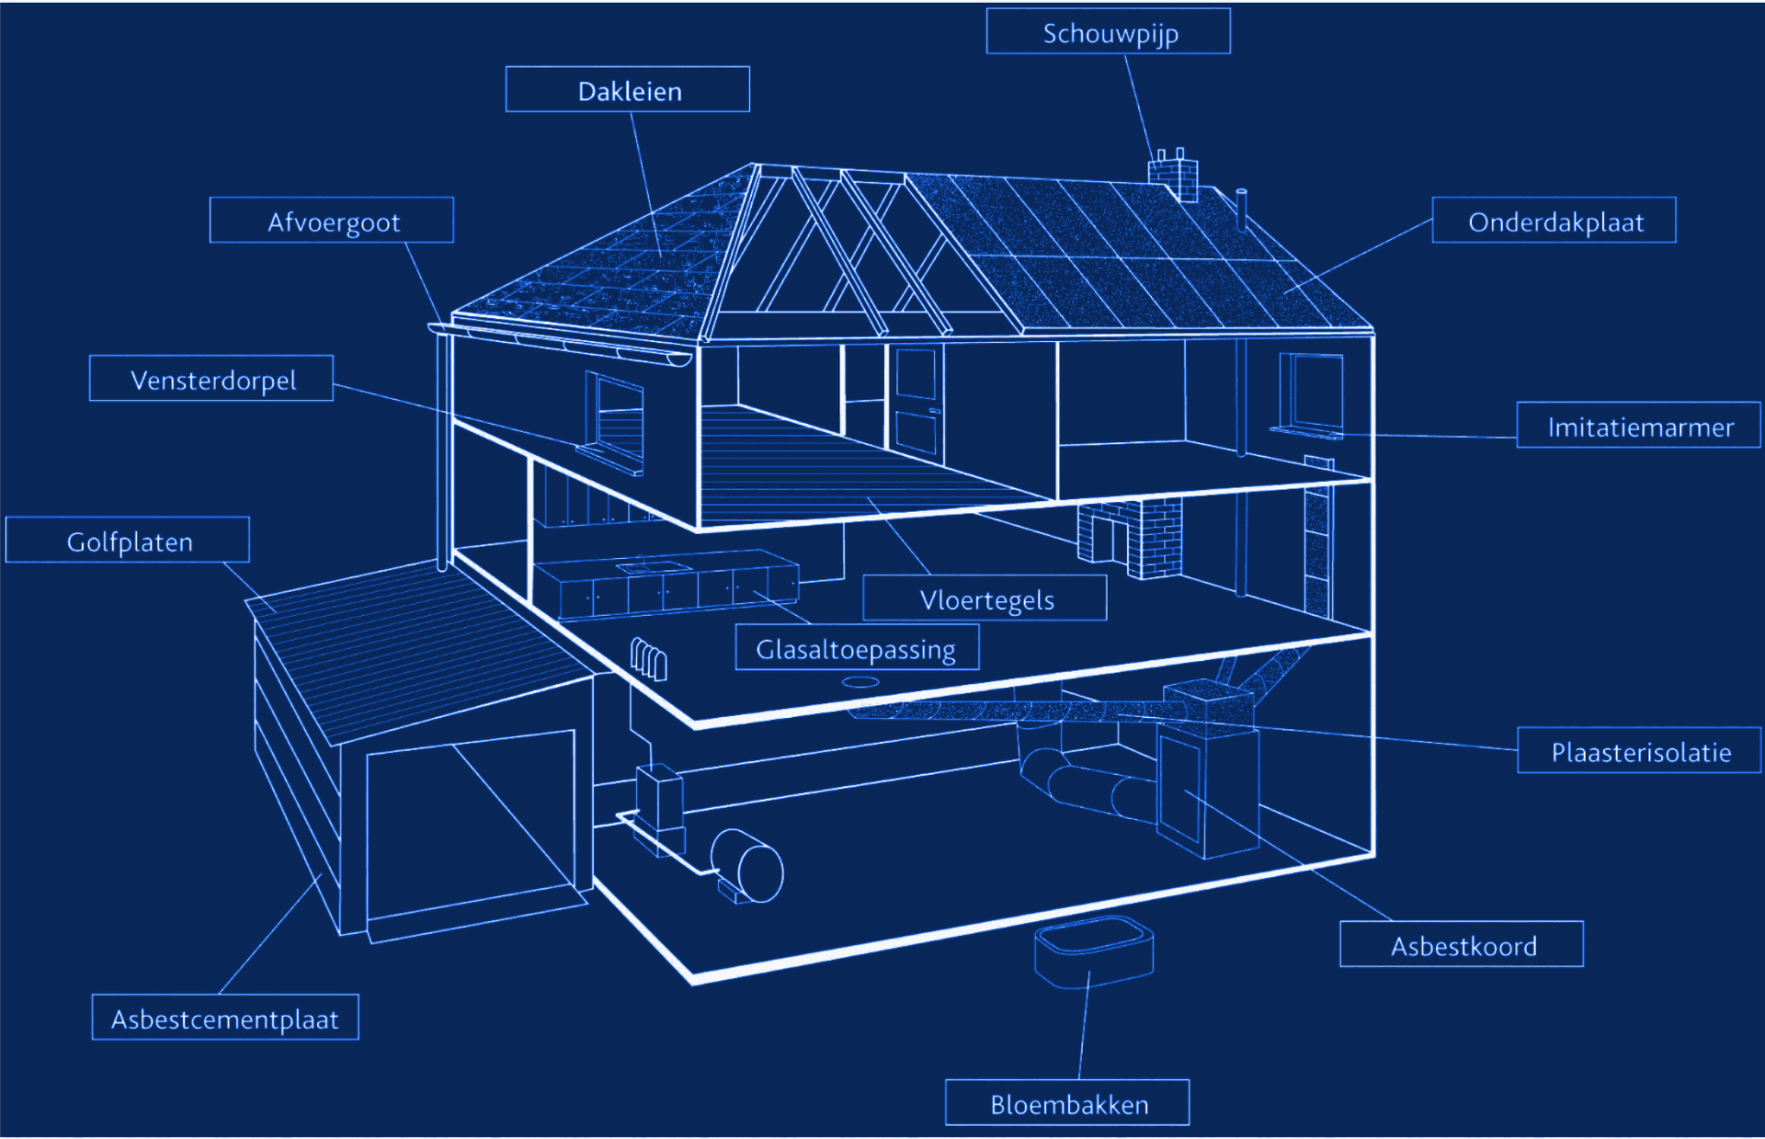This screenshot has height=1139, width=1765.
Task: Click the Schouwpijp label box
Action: tap(1108, 31)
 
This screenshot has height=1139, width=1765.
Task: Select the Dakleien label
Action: tap(628, 89)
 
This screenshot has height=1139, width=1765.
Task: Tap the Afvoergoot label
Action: tap(332, 220)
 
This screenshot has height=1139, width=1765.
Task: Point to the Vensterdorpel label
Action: tap(211, 378)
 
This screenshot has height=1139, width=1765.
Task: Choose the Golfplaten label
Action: tap(128, 540)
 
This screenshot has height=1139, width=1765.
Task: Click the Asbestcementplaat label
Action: tap(225, 1017)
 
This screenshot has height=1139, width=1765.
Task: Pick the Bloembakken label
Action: tap(1067, 1102)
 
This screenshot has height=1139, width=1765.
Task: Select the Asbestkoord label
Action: tap(1462, 944)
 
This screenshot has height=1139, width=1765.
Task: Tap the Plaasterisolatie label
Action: tap(1639, 750)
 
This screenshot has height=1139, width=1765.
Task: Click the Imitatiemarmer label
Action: tap(1638, 425)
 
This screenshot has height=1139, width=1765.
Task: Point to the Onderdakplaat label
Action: tap(1554, 220)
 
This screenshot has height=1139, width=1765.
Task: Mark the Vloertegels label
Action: tap(985, 598)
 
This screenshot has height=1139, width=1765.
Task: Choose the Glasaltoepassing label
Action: tap(857, 647)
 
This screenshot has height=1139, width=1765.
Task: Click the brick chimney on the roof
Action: tap(1173, 177)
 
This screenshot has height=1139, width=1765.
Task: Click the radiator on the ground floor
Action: tap(649, 658)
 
